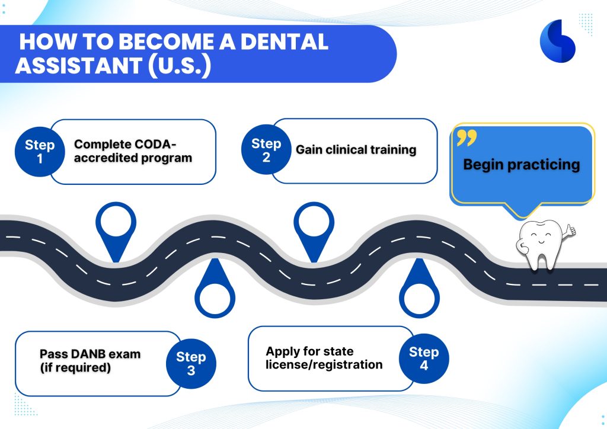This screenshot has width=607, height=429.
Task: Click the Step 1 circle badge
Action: tap(40, 152)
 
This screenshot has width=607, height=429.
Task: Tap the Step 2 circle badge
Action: tap(266, 150)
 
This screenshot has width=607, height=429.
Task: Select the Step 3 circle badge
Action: tap(191, 363)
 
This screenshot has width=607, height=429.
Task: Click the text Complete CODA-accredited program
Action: tap(133, 151)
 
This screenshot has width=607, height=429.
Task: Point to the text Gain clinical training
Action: tap(356, 150)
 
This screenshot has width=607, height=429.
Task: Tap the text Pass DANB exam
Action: tap(90, 354)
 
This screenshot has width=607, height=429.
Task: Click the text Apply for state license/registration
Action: tap(324, 358)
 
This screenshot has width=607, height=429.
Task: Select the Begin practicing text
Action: tap(521, 165)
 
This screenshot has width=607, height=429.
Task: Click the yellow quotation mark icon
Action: tap(467, 139)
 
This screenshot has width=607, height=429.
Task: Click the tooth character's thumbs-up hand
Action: tap(569, 229)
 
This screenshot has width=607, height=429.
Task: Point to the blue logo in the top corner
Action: tap(557, 40)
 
